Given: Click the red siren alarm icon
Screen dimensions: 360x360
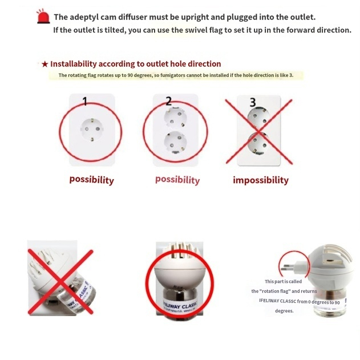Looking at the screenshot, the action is tap(43, 17).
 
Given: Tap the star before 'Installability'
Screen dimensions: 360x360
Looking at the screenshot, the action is tap(45, 64).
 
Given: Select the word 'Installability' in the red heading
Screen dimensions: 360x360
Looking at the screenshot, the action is tap(74, 64).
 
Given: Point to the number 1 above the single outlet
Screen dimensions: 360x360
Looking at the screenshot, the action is tap(85, 101).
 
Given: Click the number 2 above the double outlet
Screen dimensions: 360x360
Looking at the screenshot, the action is tap(168, 101).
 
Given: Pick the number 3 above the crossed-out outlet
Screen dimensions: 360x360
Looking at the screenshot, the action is tap(253, 102).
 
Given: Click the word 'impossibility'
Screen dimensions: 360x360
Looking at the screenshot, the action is tap(261, 180).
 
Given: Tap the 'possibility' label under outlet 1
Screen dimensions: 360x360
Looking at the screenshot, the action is tap(92, 180).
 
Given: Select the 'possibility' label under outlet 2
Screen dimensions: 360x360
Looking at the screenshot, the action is tap(177, 180).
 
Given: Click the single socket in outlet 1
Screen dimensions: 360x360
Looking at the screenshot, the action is tap(92, 130).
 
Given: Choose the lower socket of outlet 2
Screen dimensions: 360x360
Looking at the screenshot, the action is tap(175, 143).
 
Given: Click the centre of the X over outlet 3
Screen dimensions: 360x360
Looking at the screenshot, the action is tap(259, 132).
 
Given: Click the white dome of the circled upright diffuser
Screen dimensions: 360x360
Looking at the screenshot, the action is tap(180, 274).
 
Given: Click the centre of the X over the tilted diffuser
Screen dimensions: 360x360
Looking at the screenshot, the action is tap(60, 282).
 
